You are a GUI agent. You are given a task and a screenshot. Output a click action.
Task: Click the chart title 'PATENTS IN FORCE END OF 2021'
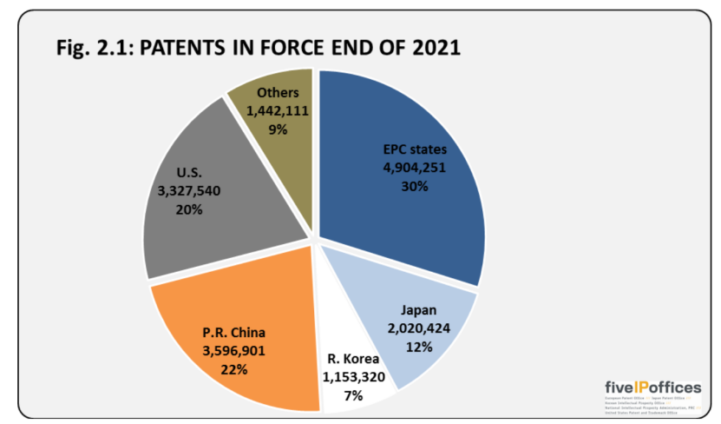coord(295,48)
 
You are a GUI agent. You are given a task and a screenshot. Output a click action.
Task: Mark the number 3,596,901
coord(233,351)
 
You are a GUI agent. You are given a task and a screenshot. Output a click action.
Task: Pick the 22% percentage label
coord(233,369)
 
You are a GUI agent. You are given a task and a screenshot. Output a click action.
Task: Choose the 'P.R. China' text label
coord(233,334)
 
